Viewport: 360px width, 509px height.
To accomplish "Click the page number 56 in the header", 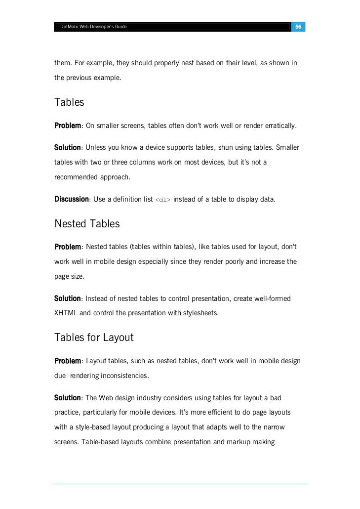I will [x=298, y=26].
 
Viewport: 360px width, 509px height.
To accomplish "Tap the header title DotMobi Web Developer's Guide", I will [x=93, y=26].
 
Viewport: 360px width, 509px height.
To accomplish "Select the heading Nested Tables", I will [x=87, y=224].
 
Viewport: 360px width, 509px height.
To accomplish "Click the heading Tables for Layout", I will [x=94, y=338].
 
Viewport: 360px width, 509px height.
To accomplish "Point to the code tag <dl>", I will [x=163, y=200].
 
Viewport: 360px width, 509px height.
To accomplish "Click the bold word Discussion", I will [x=71, y=199].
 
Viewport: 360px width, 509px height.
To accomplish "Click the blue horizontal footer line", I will [x=179, y=484].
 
